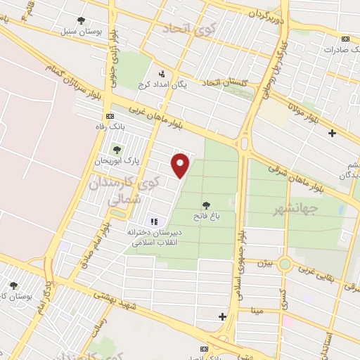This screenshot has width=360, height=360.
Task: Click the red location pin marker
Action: pos(182,165)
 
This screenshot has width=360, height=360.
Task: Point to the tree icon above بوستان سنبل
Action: pos(82,20)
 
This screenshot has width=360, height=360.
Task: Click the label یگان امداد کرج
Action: pos(165,84)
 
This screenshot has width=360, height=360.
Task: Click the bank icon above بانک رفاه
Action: pos(109,116)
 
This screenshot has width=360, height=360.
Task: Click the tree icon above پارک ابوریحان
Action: pos(116,149)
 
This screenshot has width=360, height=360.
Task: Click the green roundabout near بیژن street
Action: pos(285,264)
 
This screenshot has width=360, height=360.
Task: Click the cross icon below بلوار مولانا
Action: pos(332,132)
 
